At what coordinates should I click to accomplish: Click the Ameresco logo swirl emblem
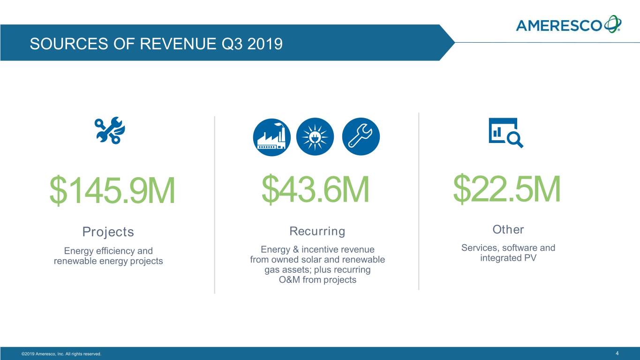click(x=613, y=23)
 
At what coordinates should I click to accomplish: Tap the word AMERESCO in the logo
click(x=559, y=25)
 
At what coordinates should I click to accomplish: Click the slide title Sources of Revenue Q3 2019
click(x=156, y=44)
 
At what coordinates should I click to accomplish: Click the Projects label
click(x=108, y=232)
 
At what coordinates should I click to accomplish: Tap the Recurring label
click(x=317, y=231)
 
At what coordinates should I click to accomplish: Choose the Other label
click(x=508, y=230)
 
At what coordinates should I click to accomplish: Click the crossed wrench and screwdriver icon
click(x=109, y=130)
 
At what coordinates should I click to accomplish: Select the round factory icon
click(x=271, y=136)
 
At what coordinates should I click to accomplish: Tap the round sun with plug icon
click(x=316, y=136)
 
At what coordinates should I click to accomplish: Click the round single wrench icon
click(x=361, y=136)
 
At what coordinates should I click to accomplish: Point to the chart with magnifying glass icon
click(x=505, y=133)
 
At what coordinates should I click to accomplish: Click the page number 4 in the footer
click(x=617, y=353)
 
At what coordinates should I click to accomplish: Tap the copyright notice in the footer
click(x=61, y=353)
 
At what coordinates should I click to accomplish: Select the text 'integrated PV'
click(x=508, y=258)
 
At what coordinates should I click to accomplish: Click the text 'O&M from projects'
click(x=317, y=280)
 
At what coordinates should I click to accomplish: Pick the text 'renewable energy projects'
click(x=108, y=261)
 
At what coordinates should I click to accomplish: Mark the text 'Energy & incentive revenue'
click(x=317, y=250)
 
